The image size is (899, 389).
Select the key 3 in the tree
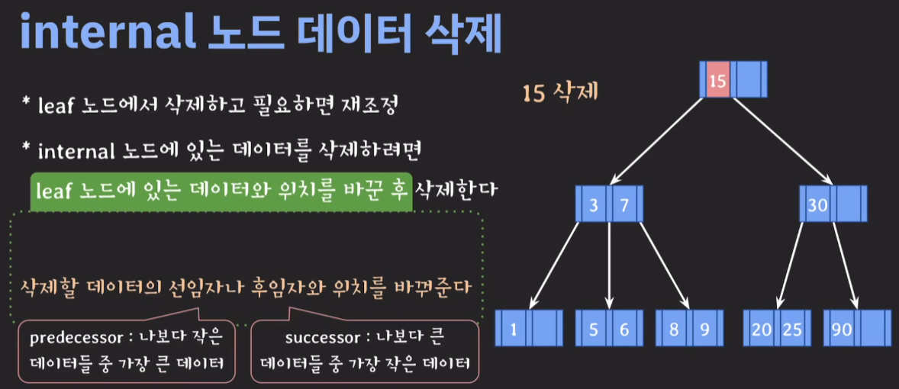(x=593, y=204)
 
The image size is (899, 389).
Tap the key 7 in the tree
(x=623, y=204)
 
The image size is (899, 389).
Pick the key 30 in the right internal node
(x=818, y=204)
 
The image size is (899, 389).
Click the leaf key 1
(x=514, y=330)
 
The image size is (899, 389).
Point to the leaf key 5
(x=594, y=330)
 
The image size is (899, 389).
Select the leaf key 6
(x=623, y=330)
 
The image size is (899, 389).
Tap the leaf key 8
(x=674, y=330)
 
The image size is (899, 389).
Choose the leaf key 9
(x=704, y=330)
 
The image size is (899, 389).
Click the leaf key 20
(x=761, y=330)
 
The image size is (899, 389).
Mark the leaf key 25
(x=792, y=330)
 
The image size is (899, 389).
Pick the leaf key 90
(x=843, y=330)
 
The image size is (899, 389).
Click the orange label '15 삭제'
(x=560, y=93)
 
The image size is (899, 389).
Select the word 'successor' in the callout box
(x=315, y=336)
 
